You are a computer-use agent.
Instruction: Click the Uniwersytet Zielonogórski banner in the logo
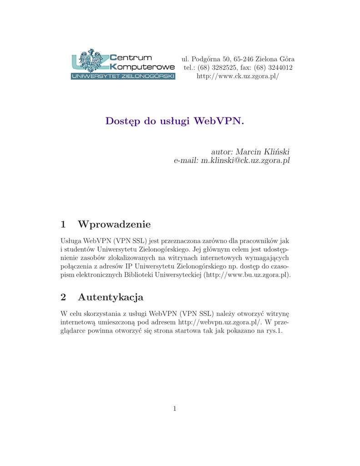pyautogui.click(x=123, y=76)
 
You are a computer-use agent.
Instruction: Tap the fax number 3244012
pyautogui.click(x=278, y=68)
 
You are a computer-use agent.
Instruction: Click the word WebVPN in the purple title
pyautogui.click(x=218, y=122)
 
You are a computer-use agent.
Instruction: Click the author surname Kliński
pyautogui.click(x=276, y=152)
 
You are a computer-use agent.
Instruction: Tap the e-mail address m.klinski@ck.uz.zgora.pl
pyautogui.click(x=245, y=160)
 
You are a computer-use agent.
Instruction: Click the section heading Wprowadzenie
pyautogui.click(x=114, y=224)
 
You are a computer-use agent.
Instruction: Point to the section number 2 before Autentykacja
pyautogui.click(x=63, y=298)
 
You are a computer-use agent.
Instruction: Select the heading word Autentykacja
pyautogui.click(x=111, y=298)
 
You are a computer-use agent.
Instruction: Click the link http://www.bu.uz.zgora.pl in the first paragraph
pyautogui.click(x=246, y=275)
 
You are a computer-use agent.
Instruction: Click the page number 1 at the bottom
pyautogui.click(x=174, y=409)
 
